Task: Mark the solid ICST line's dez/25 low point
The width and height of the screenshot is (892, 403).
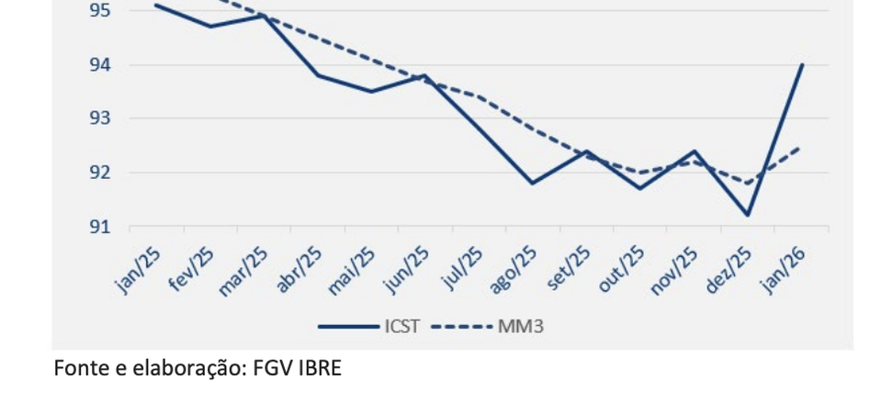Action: coord(748,215)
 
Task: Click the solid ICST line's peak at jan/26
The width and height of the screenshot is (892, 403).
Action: coord(802,65)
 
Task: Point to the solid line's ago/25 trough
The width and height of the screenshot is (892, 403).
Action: coord(532,183)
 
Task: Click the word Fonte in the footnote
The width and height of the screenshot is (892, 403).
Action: coord(76,369)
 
